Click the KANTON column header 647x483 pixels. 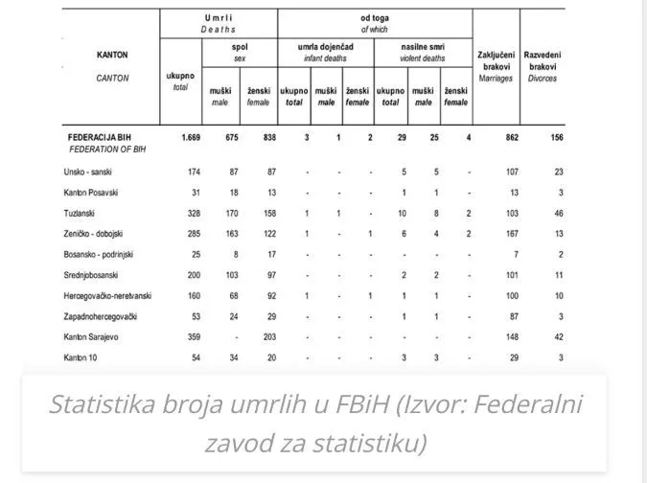113,55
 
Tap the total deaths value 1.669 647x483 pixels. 186,138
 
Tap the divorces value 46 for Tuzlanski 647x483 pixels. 558,212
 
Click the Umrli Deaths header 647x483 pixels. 218,23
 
